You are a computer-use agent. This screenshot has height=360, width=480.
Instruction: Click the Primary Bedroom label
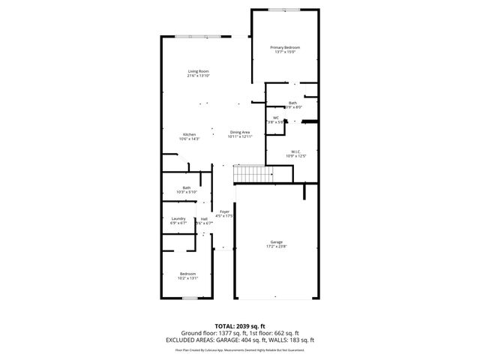285,47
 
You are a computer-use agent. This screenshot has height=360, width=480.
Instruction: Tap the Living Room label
198,71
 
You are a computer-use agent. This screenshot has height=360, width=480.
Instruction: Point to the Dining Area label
240,132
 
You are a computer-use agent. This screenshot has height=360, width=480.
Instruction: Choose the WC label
275,117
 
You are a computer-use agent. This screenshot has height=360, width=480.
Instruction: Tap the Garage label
277,241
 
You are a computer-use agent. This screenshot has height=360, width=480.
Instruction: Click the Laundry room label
178,218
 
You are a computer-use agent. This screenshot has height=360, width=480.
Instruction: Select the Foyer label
224,211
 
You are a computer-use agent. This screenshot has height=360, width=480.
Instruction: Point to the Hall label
203,218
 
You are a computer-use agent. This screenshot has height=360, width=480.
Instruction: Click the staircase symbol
253,174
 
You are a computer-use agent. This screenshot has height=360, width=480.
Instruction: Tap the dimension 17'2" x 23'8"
277,246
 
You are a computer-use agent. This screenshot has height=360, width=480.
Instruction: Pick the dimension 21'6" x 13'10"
198,76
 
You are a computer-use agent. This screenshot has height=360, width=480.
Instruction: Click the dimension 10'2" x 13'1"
187,278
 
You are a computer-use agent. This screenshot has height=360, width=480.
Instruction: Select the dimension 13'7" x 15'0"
285,52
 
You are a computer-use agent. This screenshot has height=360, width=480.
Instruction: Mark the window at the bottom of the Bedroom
190,298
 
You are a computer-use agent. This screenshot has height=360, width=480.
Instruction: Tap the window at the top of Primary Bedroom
285,9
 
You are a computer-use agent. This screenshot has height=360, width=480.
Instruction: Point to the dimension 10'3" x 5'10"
186,192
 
